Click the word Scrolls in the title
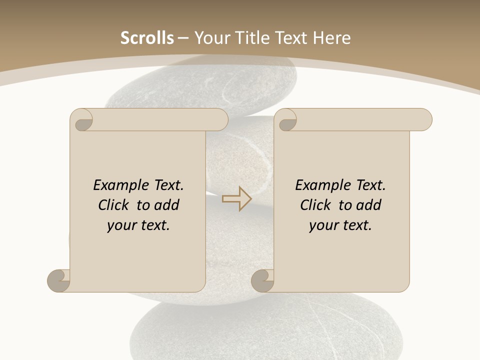coord(147,38)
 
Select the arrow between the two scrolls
coord(236,199)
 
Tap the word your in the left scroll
coord(121,225)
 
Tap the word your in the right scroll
coord(323,225)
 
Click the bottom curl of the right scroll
coord(263,281)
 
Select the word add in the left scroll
coord(167,205)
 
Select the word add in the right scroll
coord(369,205)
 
